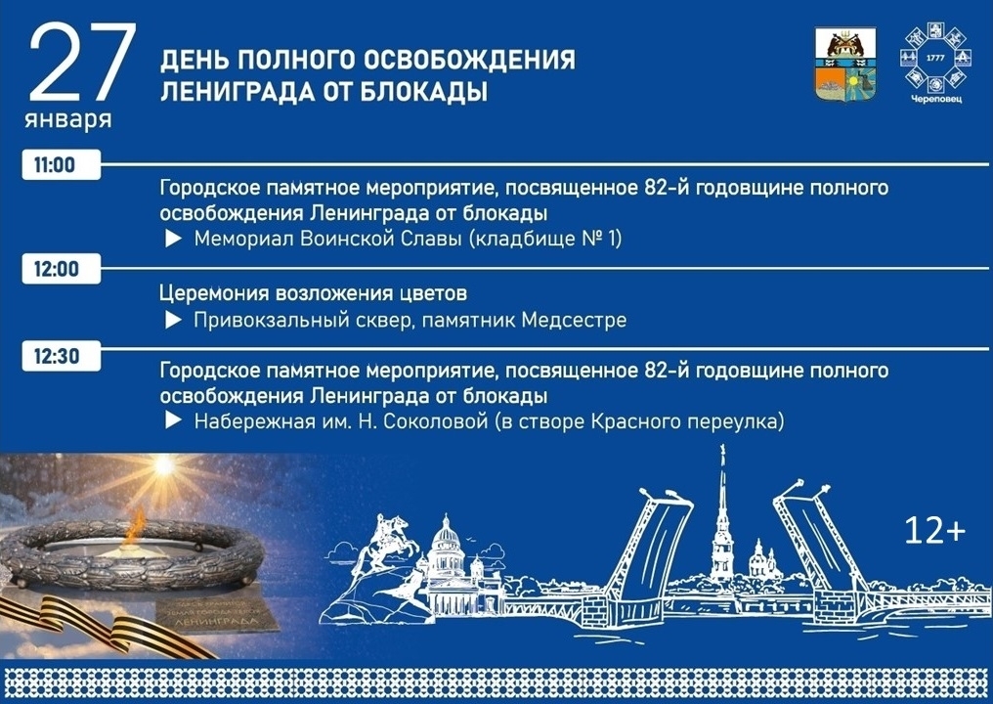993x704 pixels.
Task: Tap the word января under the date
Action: (x=68, y=121)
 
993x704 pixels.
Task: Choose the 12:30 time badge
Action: (x=56, y=357)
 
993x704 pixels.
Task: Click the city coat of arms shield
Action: (x=845, y=65)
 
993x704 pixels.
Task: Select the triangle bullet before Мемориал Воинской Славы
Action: (x=173, y=238)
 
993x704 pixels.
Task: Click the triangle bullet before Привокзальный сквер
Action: (x=173, y=320)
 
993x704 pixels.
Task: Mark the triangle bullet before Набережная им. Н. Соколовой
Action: (x=173, y=421)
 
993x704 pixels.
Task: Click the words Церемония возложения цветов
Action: (x=313, y=293)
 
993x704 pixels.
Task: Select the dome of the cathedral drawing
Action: (x=445, y=534)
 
